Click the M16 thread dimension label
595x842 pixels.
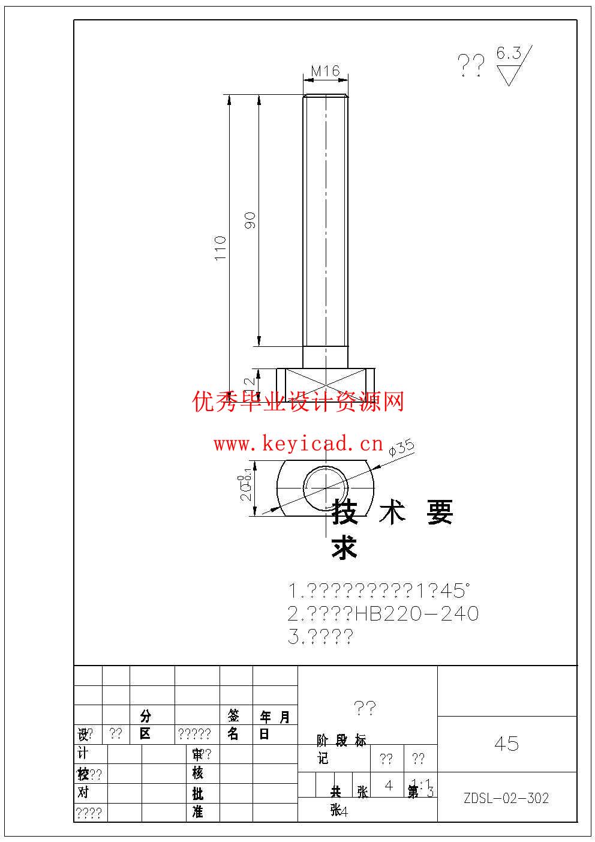(325, 71)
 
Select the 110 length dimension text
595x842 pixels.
(221, 248)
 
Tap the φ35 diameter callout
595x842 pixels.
(401, 448)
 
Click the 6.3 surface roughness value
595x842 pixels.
(509, 53)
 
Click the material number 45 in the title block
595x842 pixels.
(506, 744)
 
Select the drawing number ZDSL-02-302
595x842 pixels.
(506, 798)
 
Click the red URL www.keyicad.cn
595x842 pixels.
(298, 444)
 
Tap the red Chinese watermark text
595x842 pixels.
(298, 401)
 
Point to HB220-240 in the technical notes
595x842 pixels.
(417, 614)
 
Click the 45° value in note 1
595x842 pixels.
(453, 591)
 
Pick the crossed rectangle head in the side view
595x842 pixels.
(325, 385)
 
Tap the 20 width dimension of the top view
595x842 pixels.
(246, 489)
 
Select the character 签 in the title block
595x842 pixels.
(233, 715)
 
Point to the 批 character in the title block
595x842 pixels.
(197, 793)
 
